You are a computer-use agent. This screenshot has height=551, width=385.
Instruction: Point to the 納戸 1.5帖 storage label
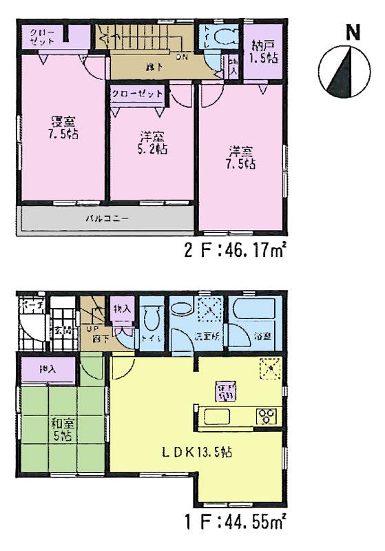point(264,52)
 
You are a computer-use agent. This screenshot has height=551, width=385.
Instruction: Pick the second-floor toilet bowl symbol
point(222,37)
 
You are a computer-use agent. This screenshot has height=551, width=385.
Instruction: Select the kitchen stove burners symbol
point(265,415)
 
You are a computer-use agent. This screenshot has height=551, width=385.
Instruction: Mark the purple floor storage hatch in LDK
point(225,391)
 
